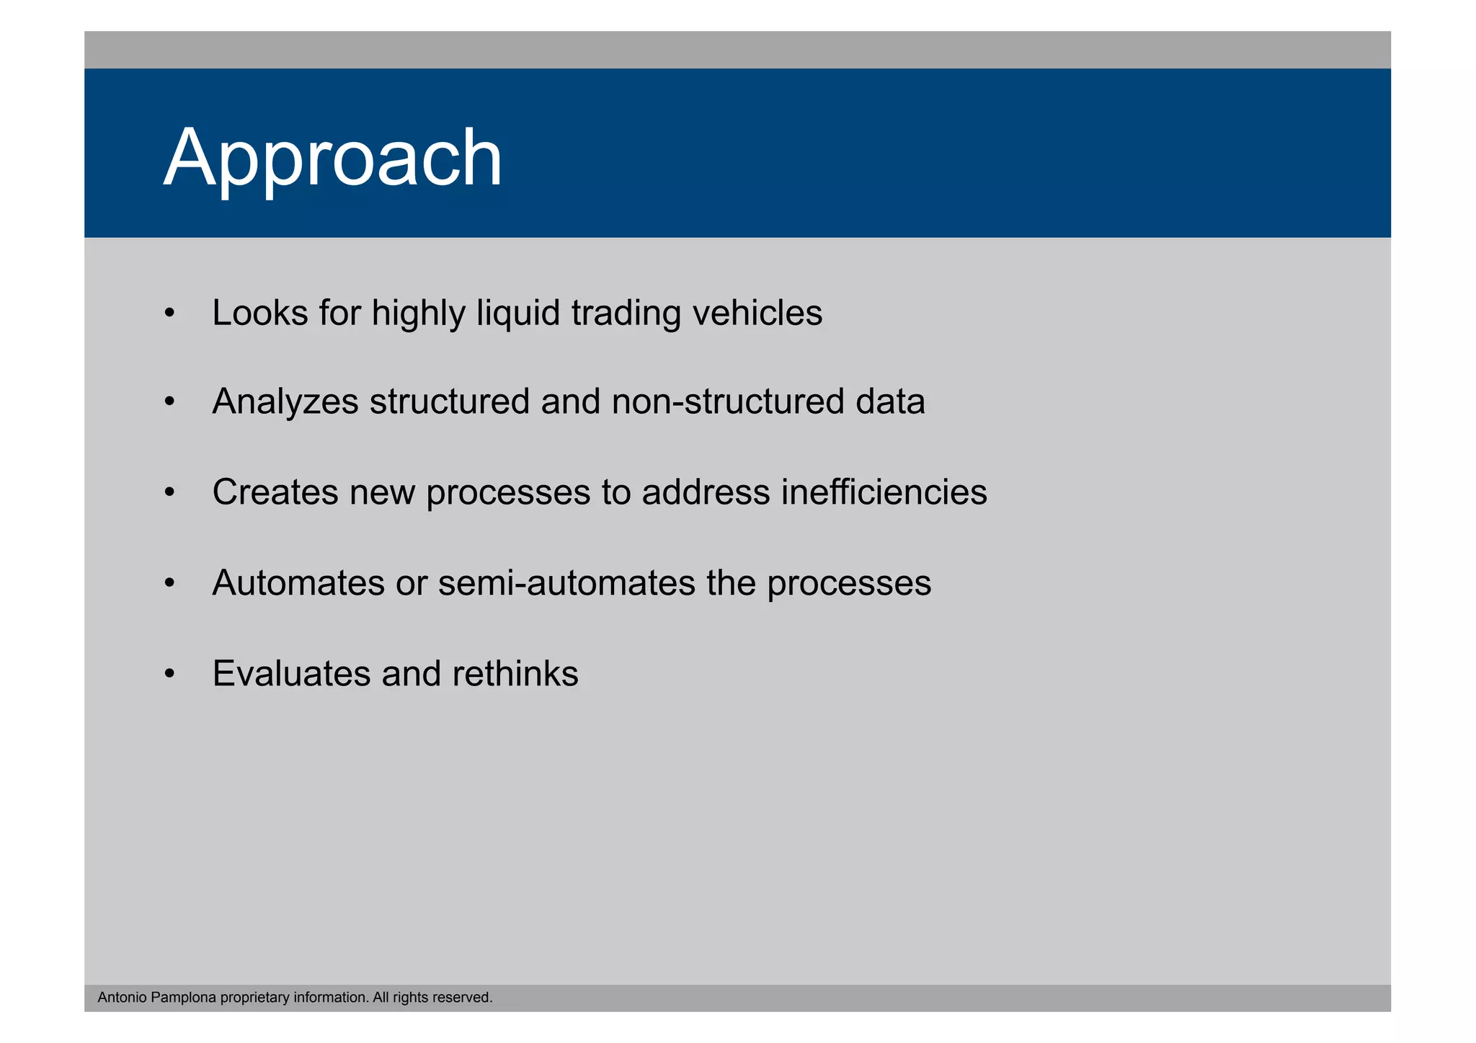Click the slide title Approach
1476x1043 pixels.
(x=333, y=158)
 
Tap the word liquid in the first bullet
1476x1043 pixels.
(x=518, y=314)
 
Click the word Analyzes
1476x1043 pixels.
(x=285, y=402)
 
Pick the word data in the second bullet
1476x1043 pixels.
(x=890, y=402)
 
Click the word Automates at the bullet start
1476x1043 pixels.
(x=298, y=583)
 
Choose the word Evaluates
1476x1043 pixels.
(x=291, y=674)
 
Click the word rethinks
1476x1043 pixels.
(x=515, y=674)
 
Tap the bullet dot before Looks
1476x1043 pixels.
(x=169, y=314)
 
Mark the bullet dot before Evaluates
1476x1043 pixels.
(x=169, y=674)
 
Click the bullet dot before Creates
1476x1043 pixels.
(x=169, y=493)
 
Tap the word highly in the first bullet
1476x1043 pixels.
(x=418, y=314)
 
